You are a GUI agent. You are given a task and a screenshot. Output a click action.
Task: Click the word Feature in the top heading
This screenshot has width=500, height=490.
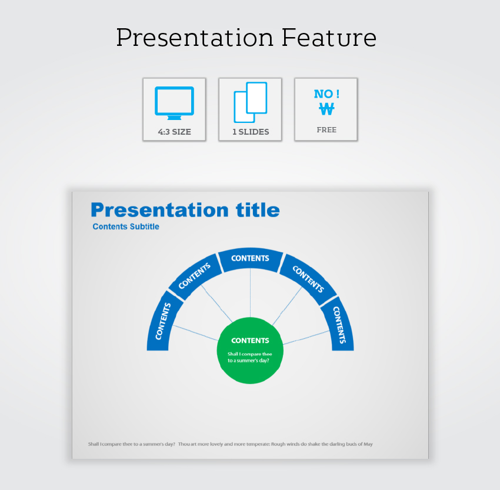pyautogui.click(x=329, y=38)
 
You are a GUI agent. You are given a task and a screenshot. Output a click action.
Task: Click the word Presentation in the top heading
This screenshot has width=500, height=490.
pyautogui.click(x=195, y=38)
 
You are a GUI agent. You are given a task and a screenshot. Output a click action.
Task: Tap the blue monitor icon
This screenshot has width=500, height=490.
pyautogui.click(x=175, y=103)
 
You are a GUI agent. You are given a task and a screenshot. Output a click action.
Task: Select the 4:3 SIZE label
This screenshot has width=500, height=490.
pyautogui.click(x=175, y=132)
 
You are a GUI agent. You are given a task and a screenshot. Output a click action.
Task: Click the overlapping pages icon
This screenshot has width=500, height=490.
pyautogui.click(x=251, y=102)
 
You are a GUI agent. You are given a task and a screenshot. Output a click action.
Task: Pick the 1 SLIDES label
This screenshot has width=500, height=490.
pyautogui.click(x=251, y=132)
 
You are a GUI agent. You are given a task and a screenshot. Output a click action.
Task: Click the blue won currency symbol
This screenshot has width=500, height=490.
pyautogui.click(x=326, y=109)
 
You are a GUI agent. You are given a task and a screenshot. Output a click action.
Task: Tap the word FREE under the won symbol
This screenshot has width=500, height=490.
pyautogui.click(x=326, y=130)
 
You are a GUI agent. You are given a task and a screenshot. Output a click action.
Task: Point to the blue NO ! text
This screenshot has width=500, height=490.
pyautogui.click(x=326, y=94)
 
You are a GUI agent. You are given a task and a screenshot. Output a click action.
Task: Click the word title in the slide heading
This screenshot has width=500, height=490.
pyautogui.click(x=258, y=210)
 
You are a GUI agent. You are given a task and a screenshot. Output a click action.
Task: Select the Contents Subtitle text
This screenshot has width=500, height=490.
pyautogui.click(x=126, y=226)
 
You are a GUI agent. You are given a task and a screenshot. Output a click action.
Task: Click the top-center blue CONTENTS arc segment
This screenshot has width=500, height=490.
pyautogui.click(x=251, y=259)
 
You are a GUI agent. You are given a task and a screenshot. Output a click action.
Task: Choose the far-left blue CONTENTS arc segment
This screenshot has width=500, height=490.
pyautogui.click(x=164, y=322)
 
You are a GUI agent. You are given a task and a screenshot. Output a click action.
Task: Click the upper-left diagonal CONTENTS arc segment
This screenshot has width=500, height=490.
pyautogui.click(x=195, y=276)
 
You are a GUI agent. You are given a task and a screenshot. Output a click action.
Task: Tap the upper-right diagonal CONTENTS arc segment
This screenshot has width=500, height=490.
pyautogui.click(x=308, y=279)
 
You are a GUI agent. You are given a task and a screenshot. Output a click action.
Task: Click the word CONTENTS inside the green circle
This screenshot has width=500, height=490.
pyautogui.click(x=251, y=341)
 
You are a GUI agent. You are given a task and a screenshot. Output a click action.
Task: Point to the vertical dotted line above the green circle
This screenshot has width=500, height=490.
pyautogui.click(x=251, y=294)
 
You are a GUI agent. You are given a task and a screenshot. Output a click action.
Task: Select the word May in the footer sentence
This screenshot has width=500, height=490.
pyautogui.click(x=368, y=444)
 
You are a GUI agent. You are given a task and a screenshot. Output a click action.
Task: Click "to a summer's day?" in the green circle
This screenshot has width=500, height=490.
pyautogui.click(x=248, y=361)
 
